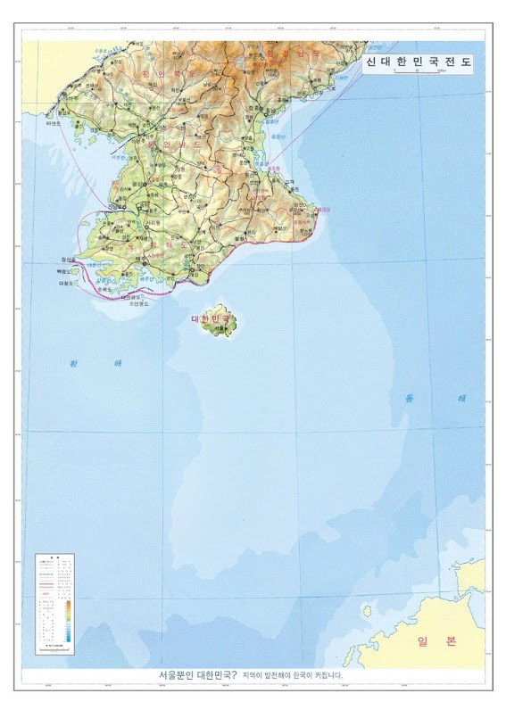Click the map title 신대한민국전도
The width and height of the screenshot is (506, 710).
point(419,64)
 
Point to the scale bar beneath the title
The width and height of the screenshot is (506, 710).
point(419,82)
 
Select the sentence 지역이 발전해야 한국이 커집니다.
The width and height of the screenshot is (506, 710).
point(293,676)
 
